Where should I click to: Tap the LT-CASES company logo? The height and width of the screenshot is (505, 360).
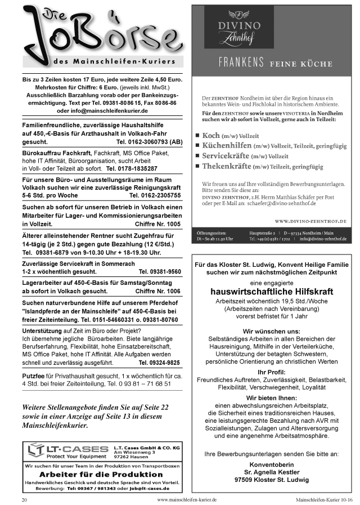pyautogui.click(x=68, y=449)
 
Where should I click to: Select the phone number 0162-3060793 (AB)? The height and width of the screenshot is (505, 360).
pyautogui.click(x=150, y=142)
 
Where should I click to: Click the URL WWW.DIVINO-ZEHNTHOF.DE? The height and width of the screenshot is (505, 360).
pyautogui.click(x=313, y=222)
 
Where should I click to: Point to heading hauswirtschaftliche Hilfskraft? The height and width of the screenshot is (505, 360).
pyautogui.click(x=272, y=292)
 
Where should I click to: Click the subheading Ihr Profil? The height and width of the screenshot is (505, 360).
pyautogui.click(x=271, y=373)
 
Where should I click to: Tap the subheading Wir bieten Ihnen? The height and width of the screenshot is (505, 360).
pyautogui.click(x=272, y=397)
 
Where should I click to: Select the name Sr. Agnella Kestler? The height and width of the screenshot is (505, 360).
pyautogui.click(x=272, y=472)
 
